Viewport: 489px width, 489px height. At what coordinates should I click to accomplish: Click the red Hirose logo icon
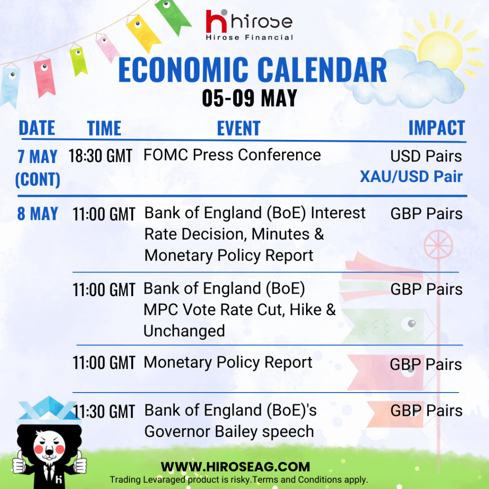216,21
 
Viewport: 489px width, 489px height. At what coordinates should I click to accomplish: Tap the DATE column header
37,128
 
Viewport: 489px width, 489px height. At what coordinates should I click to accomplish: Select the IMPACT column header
436,128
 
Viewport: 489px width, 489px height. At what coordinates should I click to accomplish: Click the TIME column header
104,128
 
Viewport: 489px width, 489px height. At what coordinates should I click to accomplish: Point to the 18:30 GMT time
100,156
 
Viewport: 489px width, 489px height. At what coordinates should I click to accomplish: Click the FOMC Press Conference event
232,155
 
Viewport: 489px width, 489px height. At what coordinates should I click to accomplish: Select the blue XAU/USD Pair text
411,177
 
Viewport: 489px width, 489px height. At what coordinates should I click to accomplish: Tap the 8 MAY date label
38,214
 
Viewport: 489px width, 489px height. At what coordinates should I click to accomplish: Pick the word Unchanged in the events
184,331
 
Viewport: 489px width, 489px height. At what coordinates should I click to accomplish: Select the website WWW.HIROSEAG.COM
235,467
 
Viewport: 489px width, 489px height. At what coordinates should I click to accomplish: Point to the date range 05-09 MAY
249,98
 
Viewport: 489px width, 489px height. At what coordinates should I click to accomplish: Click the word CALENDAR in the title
322,70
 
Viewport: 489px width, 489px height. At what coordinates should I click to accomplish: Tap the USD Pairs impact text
426,156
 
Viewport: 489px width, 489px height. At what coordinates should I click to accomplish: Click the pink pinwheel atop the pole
438,245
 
